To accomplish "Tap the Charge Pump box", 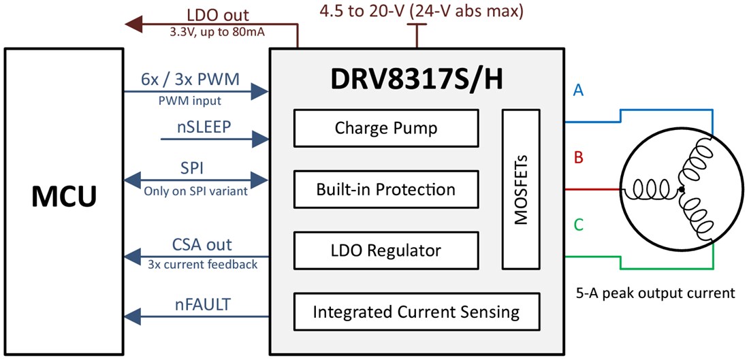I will point(385,128).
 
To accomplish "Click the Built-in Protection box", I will point(385,189).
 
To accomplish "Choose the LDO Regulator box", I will point(385,250).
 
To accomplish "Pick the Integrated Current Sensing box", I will point(416,312).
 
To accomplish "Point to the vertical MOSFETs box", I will point(521,189).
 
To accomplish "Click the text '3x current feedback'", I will point(202,263).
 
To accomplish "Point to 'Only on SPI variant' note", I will point(197,191).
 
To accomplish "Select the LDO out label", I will point(218,14).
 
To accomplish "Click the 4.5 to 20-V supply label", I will point(422,12).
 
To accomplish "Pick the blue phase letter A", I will point(578,91).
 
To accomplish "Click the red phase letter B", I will point(578,159).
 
